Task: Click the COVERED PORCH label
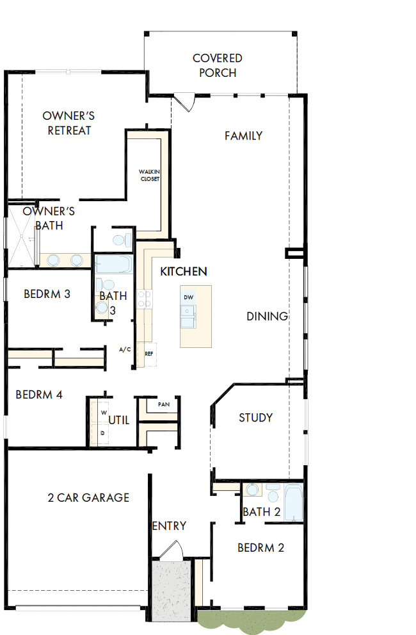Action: [x=218, y=65]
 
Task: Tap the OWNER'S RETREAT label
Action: [x=68, y=123]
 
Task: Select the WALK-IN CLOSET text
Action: [x=150, y=175]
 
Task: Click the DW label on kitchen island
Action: [x=188, y=297]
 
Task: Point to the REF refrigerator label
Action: [x=148, y=353]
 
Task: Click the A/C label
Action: [x=125, y=350]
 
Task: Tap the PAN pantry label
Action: [x=163, y=404]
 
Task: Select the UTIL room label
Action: [x=119, y=420]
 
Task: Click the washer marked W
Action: [x=102, y=413]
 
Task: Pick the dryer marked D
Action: [x=102, y=434]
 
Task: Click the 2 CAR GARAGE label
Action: [x=88, y=497]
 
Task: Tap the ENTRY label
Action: [x=169, y=526]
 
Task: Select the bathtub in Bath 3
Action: [x=113, y=265]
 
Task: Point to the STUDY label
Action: [x=255, y=418]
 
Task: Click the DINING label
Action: [x=267, y=317]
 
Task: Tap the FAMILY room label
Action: [x=243, y=136]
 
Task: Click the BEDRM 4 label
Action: [x=39, y=395]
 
